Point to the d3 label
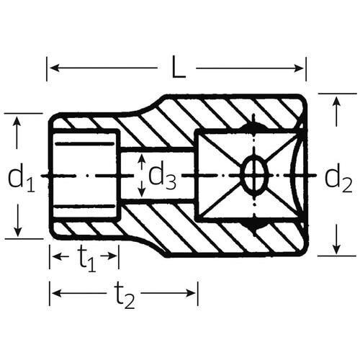tap(163, 175)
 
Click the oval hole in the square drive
tap(252, 174)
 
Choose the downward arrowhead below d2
tap(336, 248)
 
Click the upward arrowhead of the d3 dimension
tap(142, 158)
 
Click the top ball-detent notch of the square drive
tap(251, 126)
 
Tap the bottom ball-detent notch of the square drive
tap(251, 225)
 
